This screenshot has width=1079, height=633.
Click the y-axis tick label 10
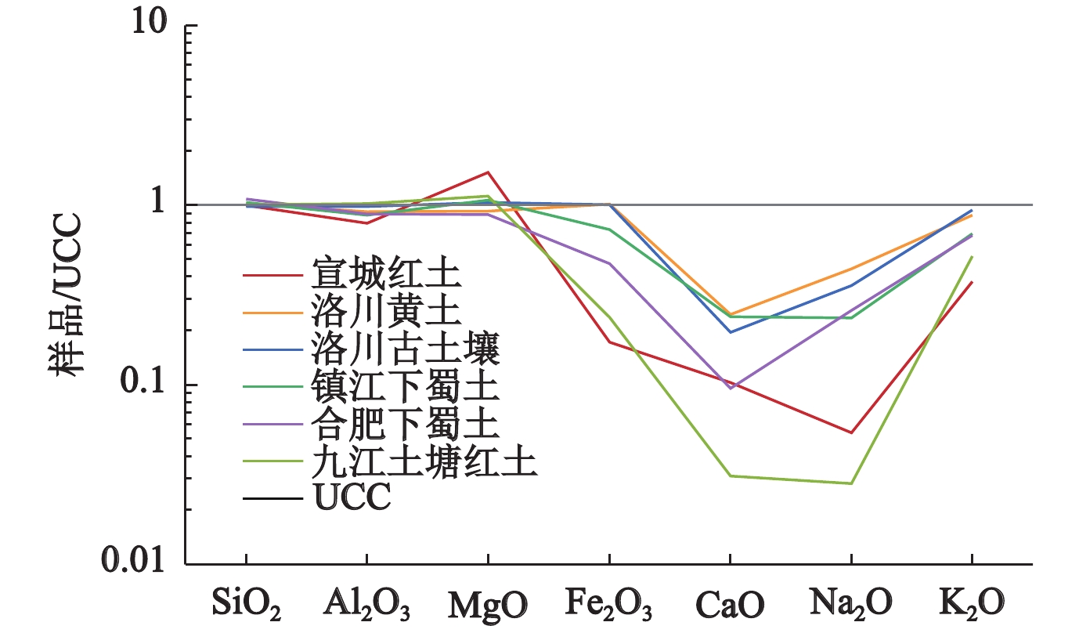[148, 25]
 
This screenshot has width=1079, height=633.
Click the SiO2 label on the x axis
[247, 603]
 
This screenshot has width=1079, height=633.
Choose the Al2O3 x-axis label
[366, 604]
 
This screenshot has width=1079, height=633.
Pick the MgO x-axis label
[487, 603]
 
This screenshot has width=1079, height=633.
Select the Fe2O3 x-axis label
[608, 604]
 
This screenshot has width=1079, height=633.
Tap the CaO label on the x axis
[729, 603]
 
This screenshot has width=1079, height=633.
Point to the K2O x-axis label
[972, 604]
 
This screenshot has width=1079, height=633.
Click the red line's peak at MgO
[488, 172]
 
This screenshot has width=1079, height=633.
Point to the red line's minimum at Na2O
[850, 432]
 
